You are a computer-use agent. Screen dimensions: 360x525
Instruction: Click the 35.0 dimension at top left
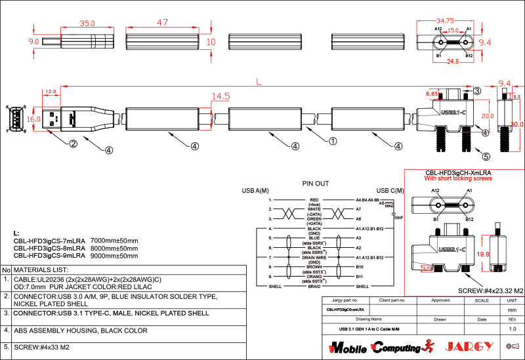[x=79, y=23]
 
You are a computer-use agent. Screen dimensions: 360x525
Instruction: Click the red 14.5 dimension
[x=220, y=97]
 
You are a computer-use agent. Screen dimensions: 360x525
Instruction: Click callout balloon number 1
[x=333, y=140]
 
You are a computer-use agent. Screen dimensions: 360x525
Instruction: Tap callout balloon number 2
[x=74, y=144]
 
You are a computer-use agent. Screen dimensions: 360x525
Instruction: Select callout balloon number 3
[x=477, y=90]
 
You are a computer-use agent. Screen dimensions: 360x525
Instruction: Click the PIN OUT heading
[x=315, y=184]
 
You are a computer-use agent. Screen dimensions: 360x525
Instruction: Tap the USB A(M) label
[x=256, y=191]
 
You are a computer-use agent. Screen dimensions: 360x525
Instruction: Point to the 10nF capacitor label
[x=398, y=217]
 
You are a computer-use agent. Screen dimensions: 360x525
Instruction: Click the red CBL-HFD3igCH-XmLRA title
[x=459, y=172]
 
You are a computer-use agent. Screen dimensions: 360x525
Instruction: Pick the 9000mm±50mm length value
[x=114, y=256]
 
